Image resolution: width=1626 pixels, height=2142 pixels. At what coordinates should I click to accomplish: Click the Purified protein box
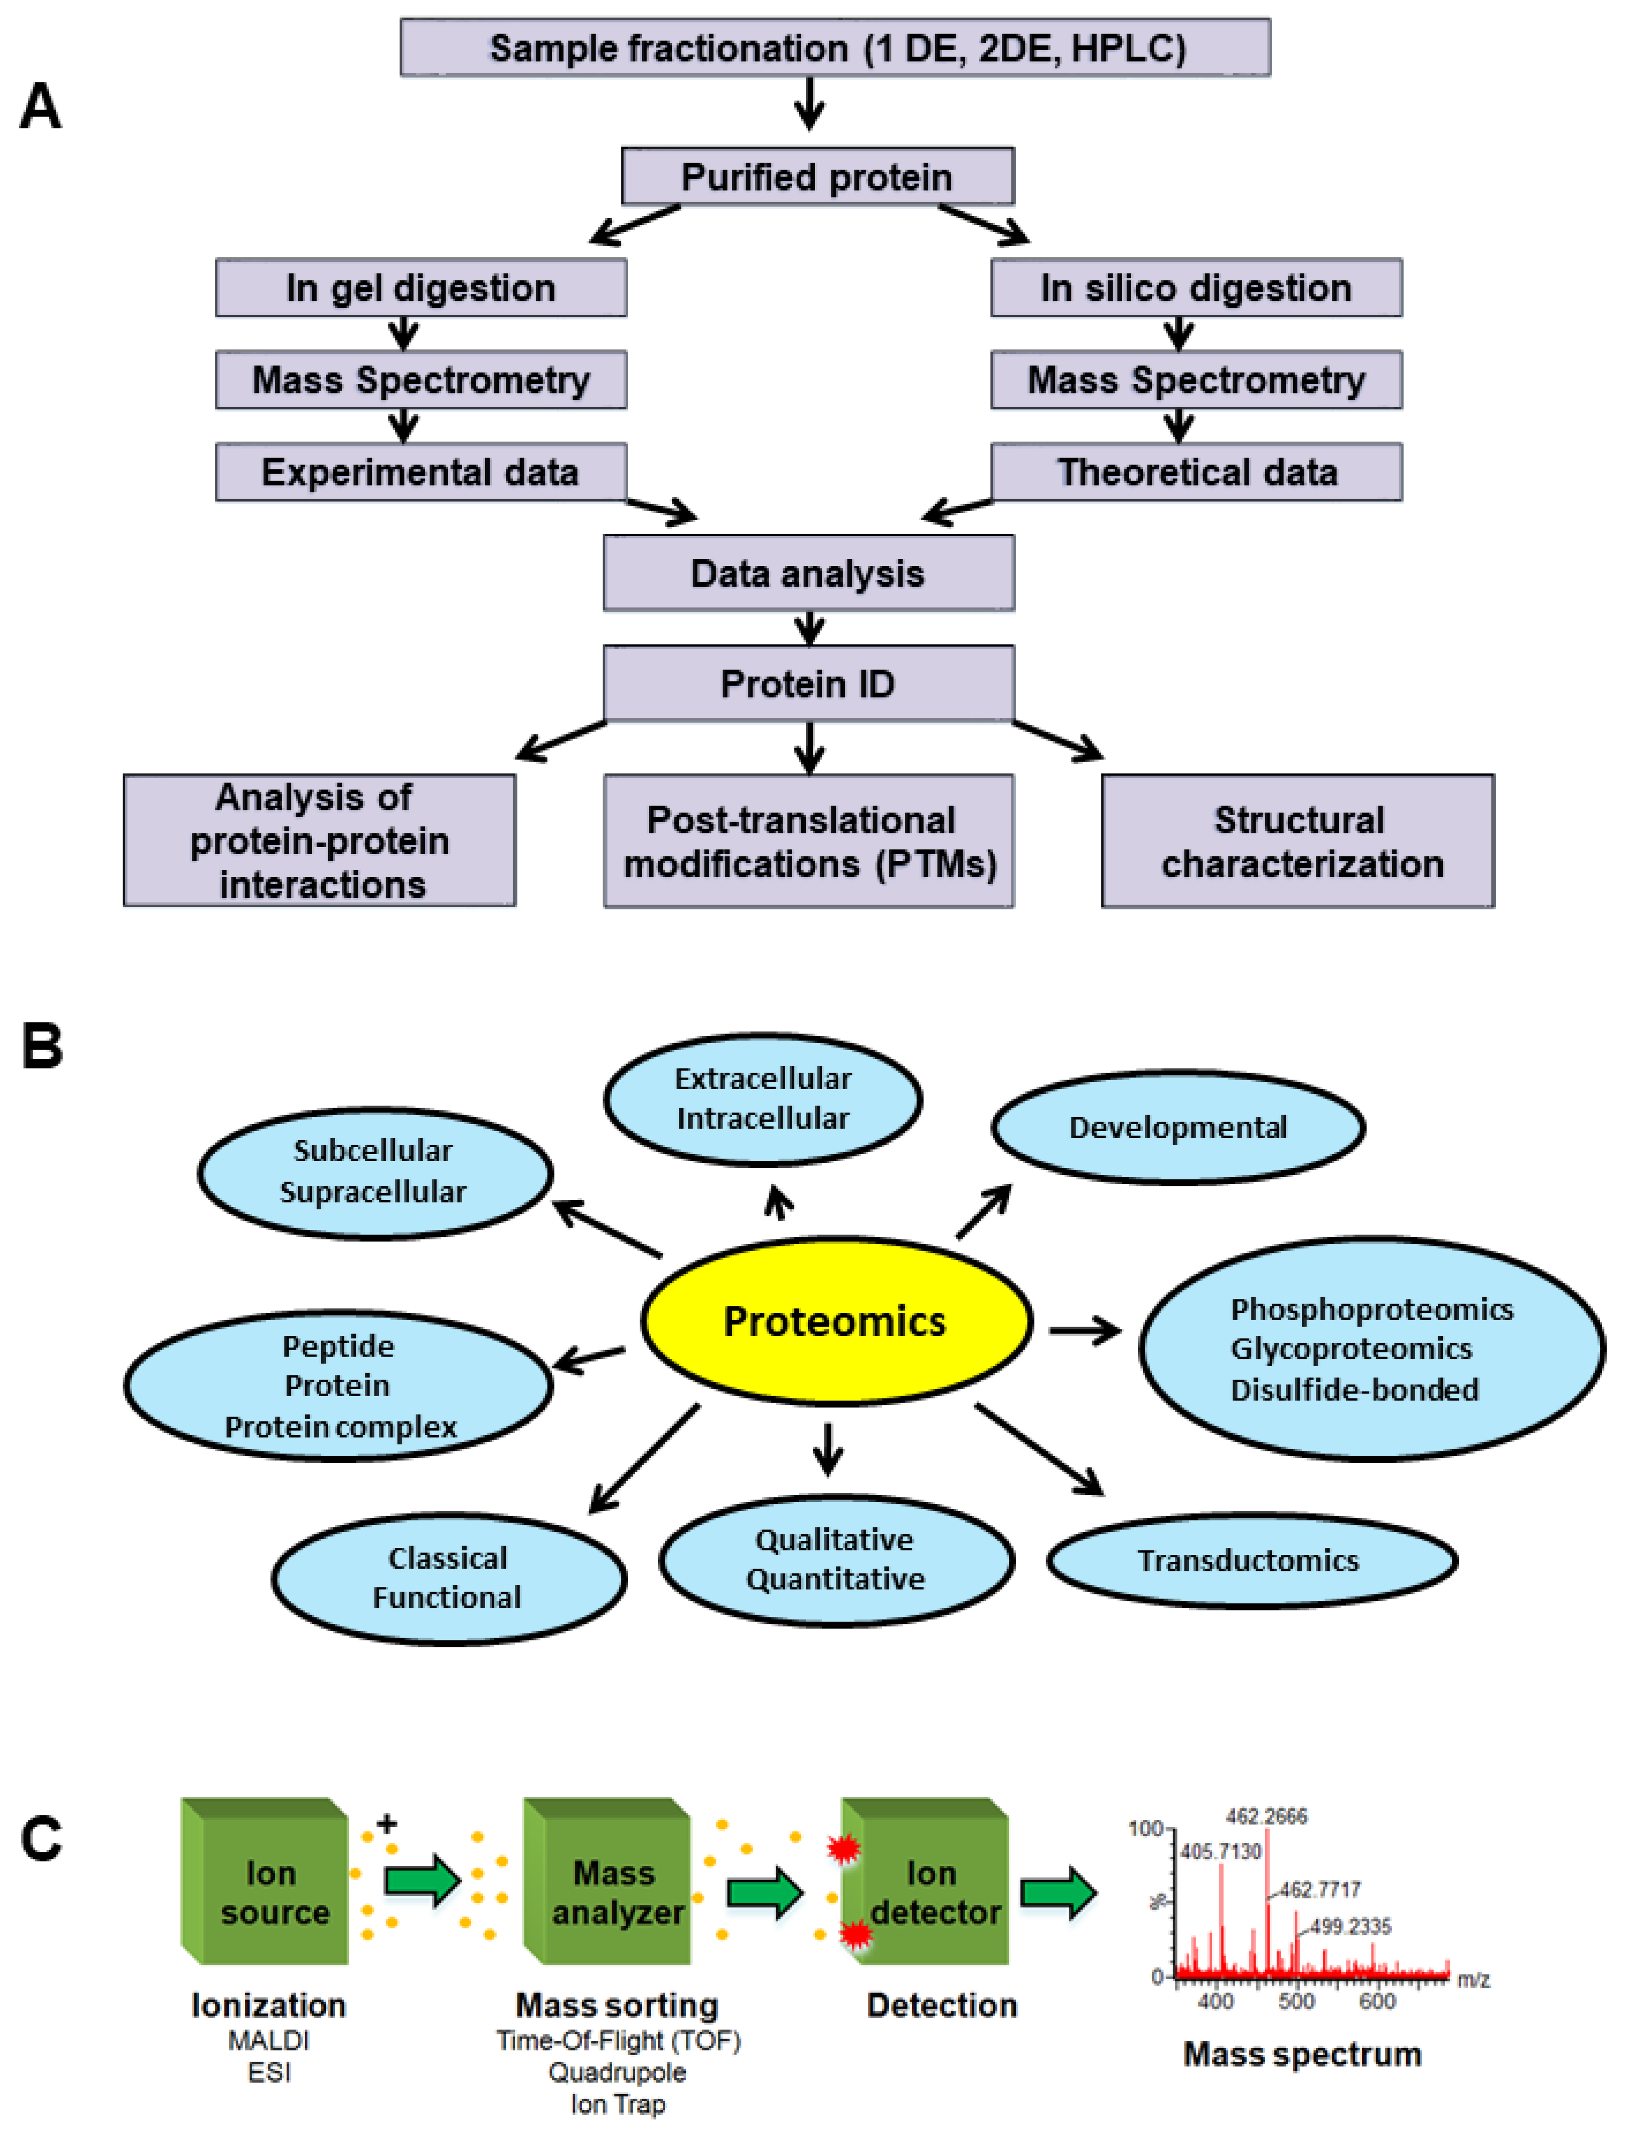[817, 176]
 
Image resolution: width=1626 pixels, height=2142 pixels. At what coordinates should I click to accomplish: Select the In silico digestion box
[1196, 288]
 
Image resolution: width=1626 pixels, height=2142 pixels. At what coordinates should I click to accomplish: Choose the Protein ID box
[809, 684]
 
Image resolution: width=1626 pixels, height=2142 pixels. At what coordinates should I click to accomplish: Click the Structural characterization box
[1298, 841]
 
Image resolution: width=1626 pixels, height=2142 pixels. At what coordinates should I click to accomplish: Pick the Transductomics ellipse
[1251, 1560]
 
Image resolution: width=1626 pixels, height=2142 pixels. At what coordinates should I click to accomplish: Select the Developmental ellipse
[1178, 1127]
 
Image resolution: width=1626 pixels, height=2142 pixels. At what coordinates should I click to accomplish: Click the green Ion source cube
[264, 1881]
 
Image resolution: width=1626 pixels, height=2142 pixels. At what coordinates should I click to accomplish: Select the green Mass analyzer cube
[607, 1881]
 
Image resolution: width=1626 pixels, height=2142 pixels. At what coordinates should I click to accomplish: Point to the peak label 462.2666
[1266, 1817]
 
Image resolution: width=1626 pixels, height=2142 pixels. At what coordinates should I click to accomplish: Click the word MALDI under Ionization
[268, 2040]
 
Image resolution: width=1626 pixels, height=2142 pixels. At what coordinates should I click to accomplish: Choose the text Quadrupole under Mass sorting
[617, 2072]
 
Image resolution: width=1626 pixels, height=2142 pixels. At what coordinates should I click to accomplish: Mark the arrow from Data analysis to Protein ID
[810, 628]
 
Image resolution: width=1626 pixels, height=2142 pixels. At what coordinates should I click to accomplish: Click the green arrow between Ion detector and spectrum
[1059, 1891]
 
